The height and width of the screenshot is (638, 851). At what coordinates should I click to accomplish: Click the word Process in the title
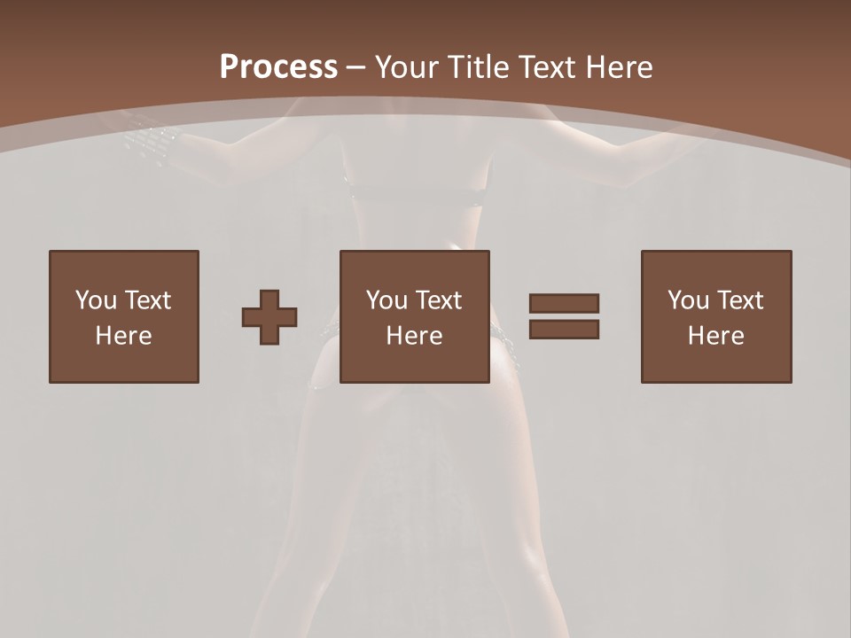tap(278, 66)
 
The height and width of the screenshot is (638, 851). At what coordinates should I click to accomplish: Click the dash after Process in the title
tap(356, 68)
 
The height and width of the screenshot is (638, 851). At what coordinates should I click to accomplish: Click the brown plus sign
tap(269, 316)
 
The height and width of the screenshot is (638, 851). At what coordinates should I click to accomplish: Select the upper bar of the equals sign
tap(564, 303)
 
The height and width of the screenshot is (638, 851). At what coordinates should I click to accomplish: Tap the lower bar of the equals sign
tap(564, 329)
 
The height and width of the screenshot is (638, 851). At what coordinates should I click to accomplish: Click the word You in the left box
tap(95, 300)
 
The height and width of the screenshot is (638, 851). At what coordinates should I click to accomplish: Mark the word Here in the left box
tap(123, 335)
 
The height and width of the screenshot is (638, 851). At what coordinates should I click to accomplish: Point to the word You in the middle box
tap(386, 300)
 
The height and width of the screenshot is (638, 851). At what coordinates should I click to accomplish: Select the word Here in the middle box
tap(414, 335)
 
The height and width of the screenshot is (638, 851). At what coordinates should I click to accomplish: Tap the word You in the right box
tap(688, 300)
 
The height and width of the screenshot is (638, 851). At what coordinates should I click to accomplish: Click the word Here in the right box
tap(715, 335)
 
